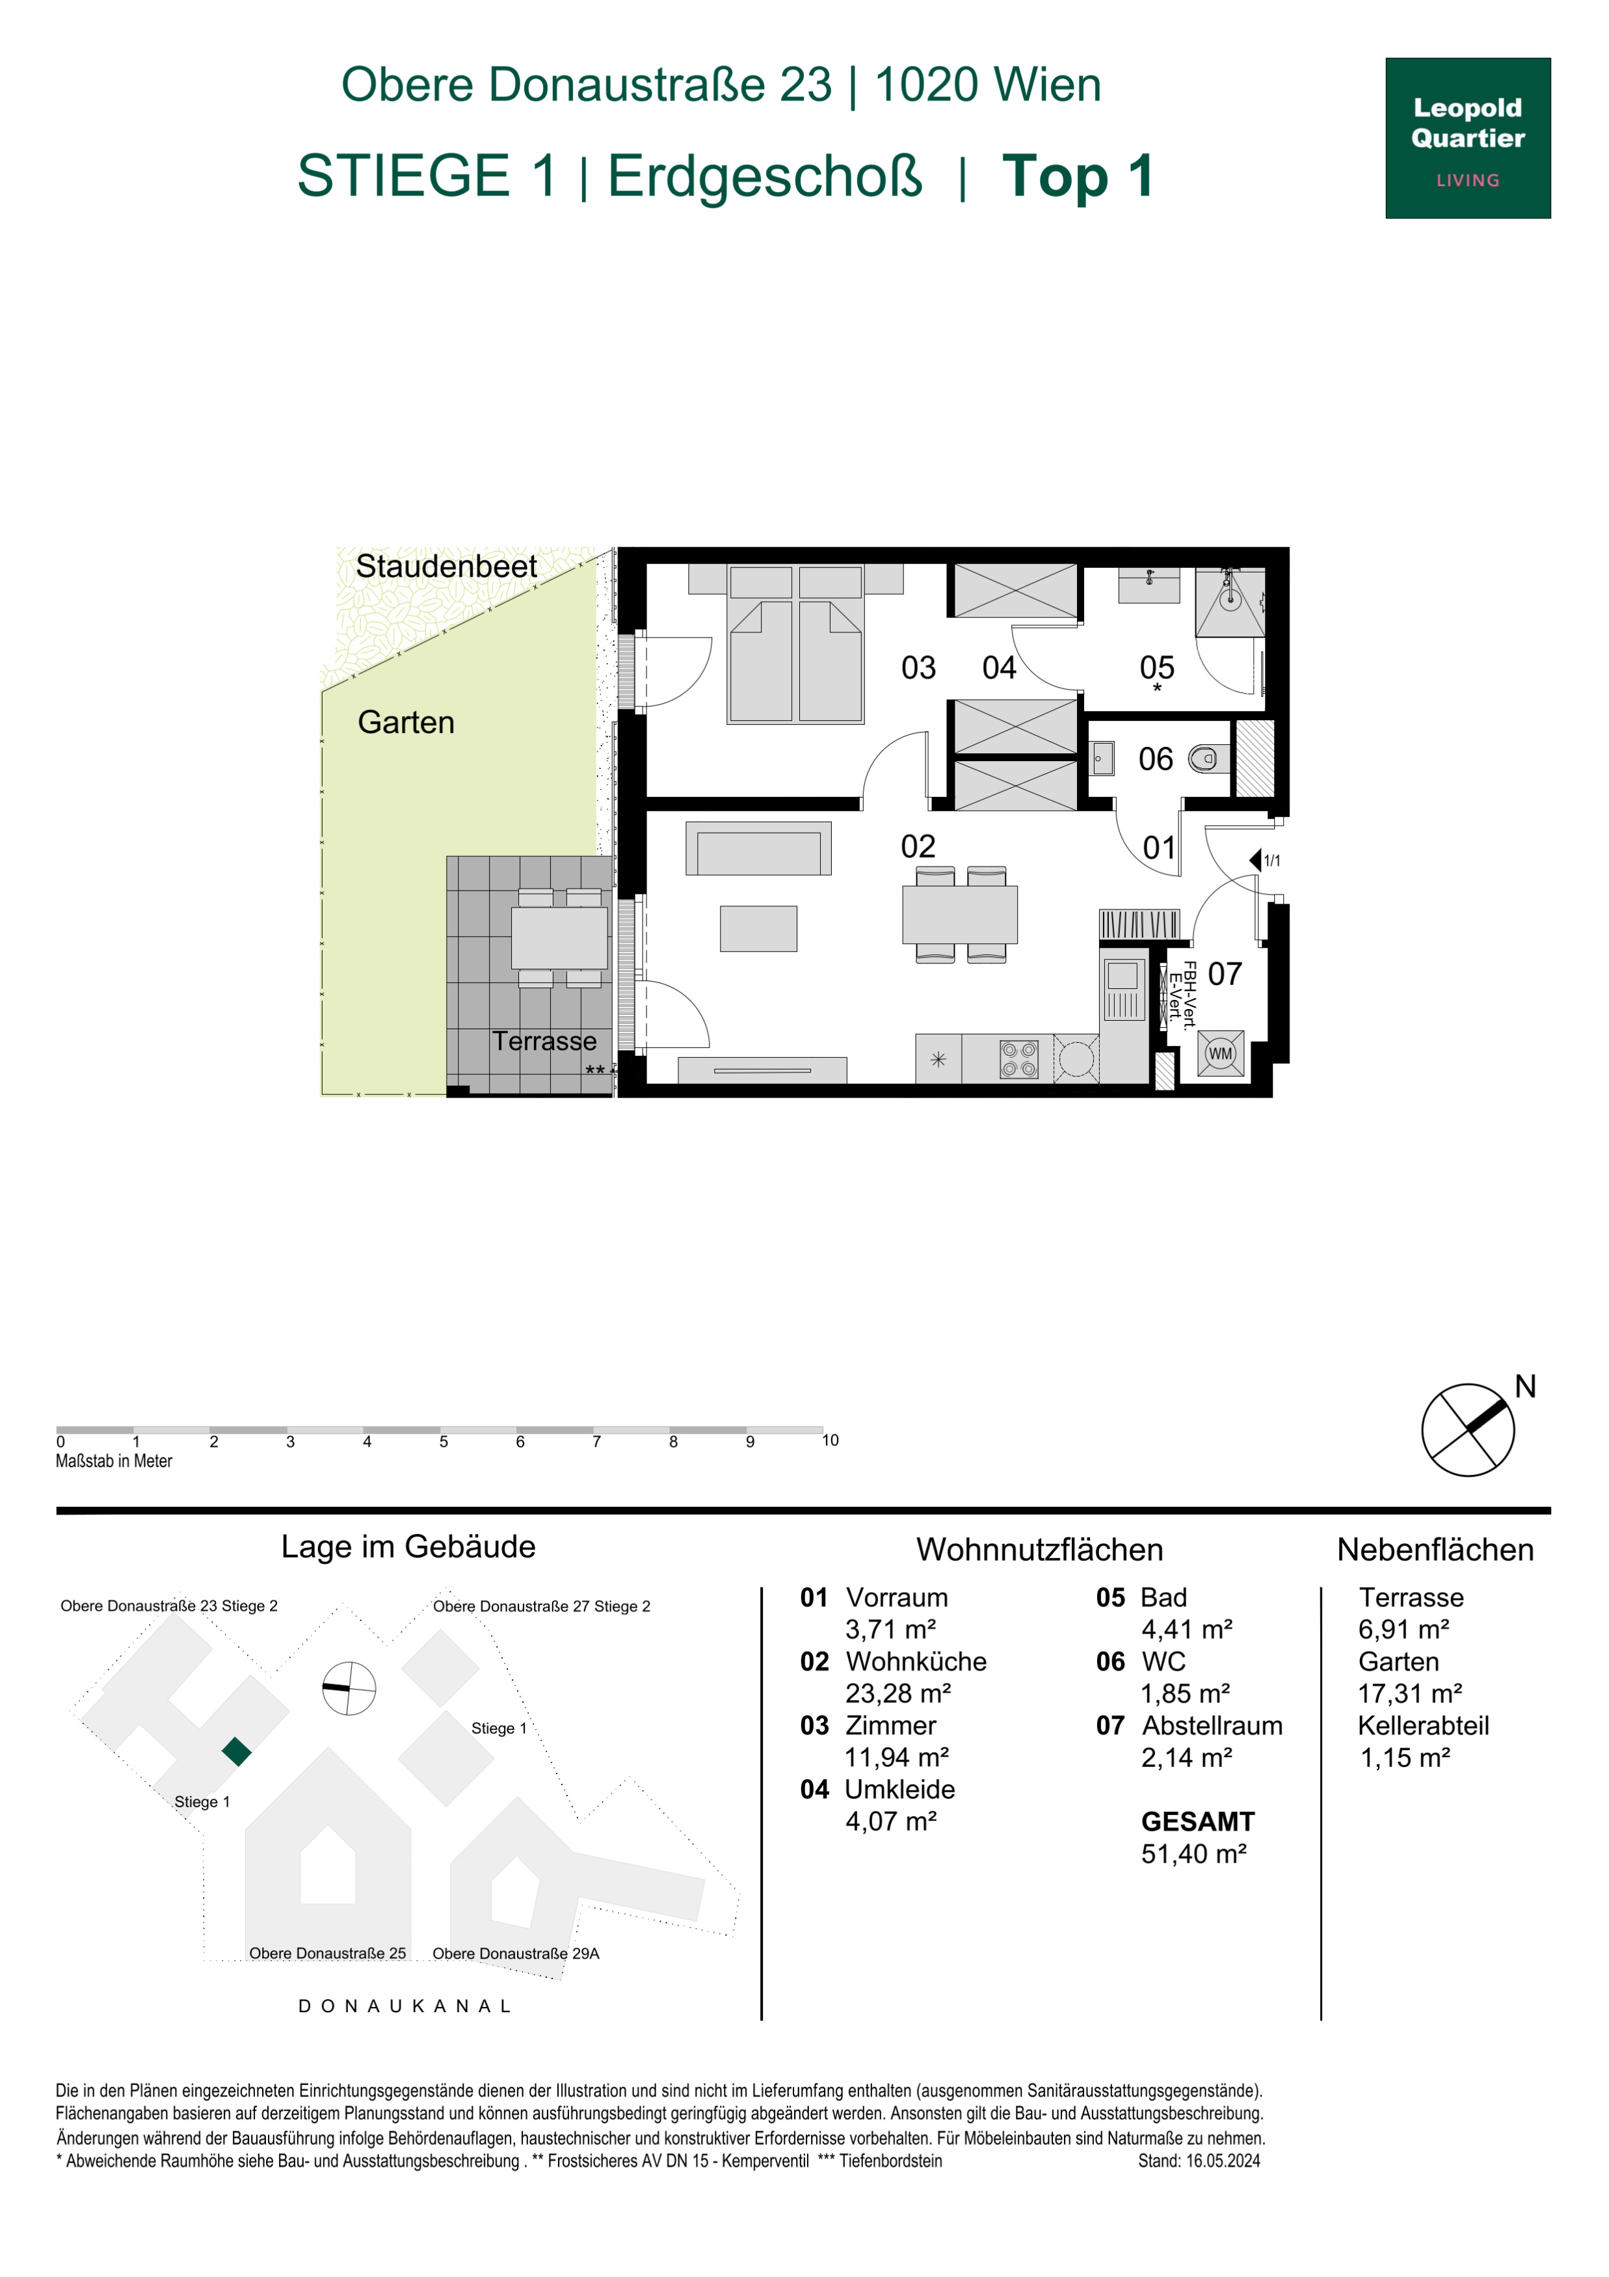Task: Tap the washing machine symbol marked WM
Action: [1220, 1053]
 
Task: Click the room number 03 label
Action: [918, 667]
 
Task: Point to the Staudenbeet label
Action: [446, 565]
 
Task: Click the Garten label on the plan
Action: [405, 722]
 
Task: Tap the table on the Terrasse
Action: [559, 937]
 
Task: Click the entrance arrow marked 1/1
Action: [1255, 860]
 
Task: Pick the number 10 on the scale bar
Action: [830, 1440]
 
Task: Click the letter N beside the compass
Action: [1524, 1386]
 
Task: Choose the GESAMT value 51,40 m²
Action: [1193, 1853]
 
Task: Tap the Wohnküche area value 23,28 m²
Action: [898, 1693]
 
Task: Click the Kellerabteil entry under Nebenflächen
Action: [1422, 1725]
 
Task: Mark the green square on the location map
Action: [236, 1751]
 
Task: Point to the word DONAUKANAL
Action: [405, 2006]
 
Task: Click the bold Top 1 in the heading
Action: [1078, 176]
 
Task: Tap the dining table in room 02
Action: [960, 914]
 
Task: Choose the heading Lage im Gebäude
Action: [408, 1547]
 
